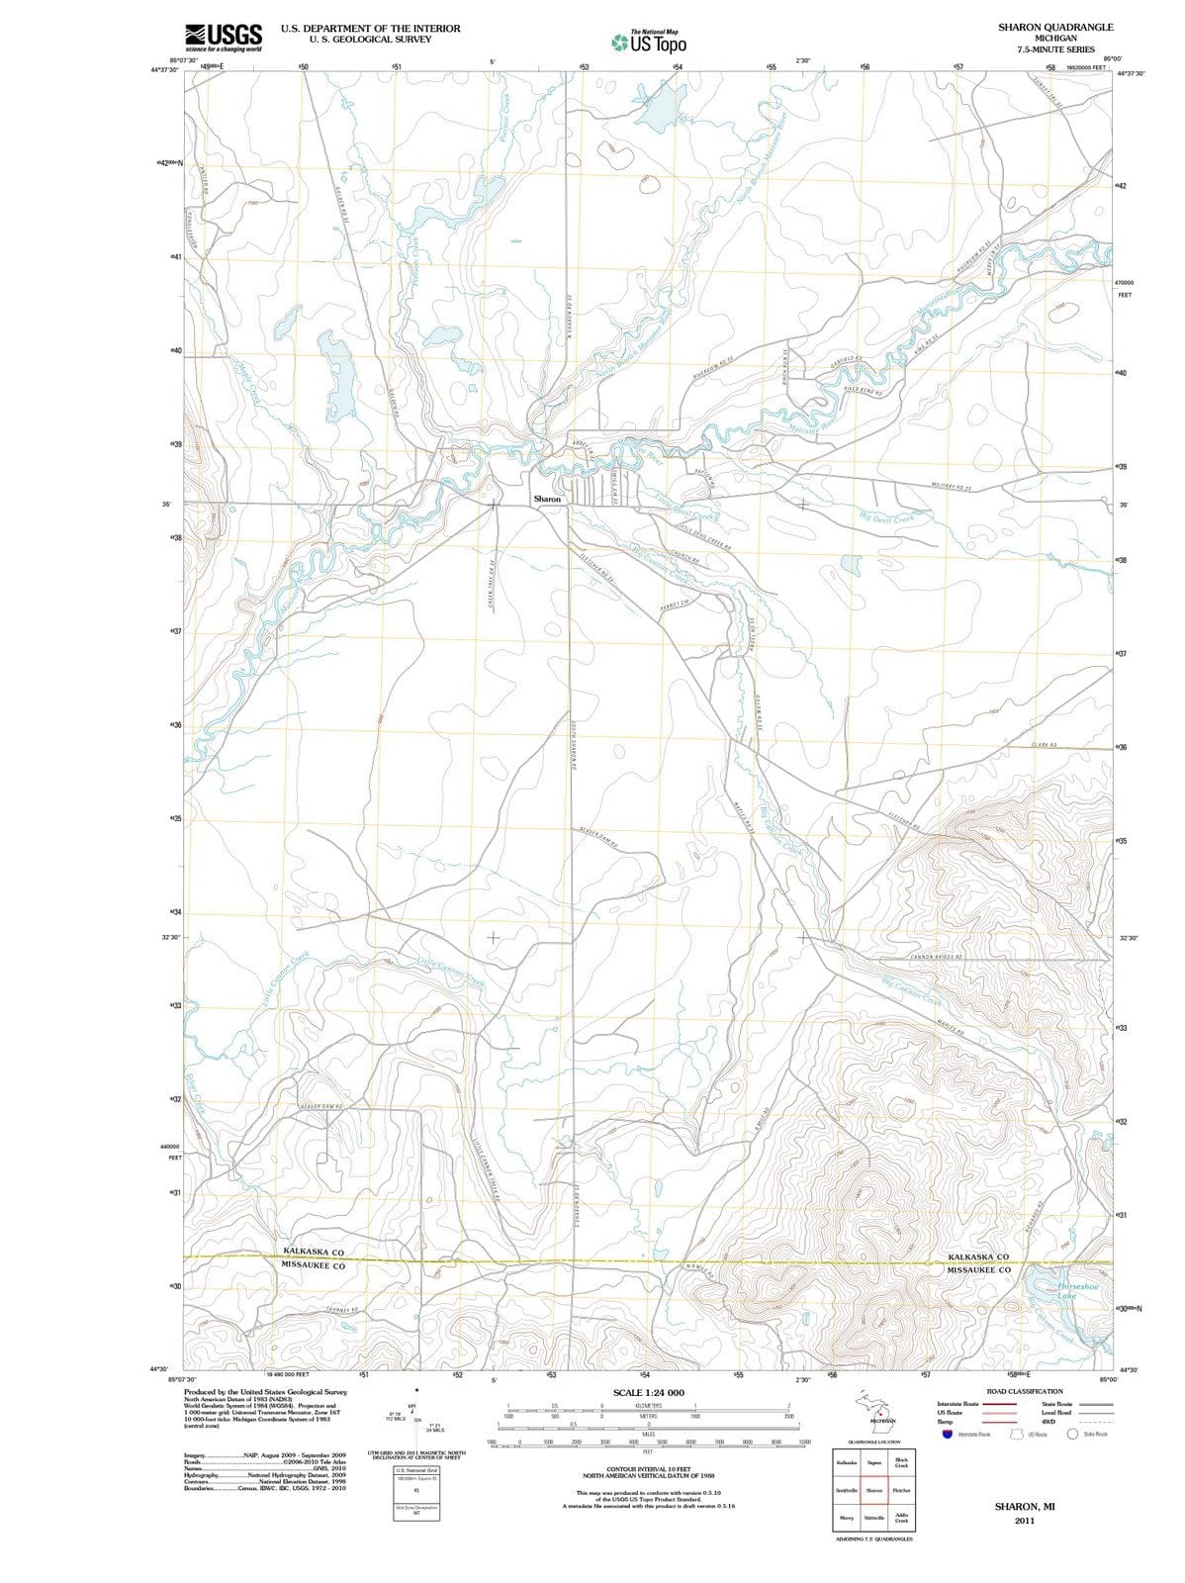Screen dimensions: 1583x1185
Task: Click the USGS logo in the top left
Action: pyautogui.click(x=224, y=37)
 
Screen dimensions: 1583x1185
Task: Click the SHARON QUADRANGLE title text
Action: pyautogui.click(x=1055, y=27)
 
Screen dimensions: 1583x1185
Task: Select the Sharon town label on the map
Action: pyautogui.click(x=547, y=500)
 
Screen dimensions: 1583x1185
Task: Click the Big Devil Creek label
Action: pyautogui.click(x=889, y=517)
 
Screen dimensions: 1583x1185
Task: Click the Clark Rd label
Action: pyautogui.click(x=1045, y=744)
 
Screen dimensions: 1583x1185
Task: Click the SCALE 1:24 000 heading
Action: pyautogui.click(x=648, y=1393)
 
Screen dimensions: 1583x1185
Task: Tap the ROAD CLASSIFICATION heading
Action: pyautogui.click(x=1025, y=1391)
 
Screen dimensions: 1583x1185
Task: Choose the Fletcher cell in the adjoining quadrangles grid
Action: pyautogui.click(x=900, y=1490)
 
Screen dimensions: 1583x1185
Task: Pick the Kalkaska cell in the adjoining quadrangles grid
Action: pyautogui.click(x=847, y=1462)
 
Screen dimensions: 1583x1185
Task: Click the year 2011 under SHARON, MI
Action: pyautogui.click(x=1024, y=1521)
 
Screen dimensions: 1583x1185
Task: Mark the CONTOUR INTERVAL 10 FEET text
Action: pyautogui.click(x=648, y=1469)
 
